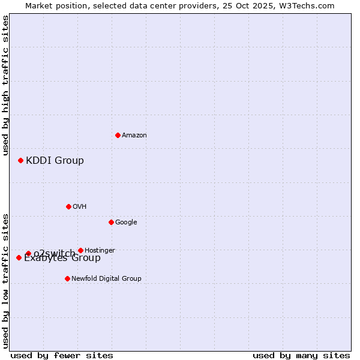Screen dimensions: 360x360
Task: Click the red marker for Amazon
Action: click(x=118, y=135)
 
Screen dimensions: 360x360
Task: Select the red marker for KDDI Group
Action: click(x=20, y=160)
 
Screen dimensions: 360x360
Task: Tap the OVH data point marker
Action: click(x=68, y=206)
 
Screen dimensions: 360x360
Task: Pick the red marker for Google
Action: click(x=111, y=222)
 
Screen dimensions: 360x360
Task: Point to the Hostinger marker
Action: click(x=80, y=250)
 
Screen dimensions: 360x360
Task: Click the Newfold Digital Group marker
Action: click(x=67, y=278)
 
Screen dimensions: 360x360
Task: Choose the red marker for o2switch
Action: click(x=28, y=253)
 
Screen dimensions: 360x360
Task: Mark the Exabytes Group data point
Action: click(x=19, y=257)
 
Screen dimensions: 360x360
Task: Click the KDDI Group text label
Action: click(x=55, y=160)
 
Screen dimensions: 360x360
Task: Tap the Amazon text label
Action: click(x=134, y=135)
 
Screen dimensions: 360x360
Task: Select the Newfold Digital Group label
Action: click(x=106, y=278)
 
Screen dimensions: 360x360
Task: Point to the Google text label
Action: click(x=126, y=222)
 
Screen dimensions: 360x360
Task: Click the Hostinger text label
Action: click(x=100, y=250)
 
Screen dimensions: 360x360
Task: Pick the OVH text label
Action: click(x=80, y=206)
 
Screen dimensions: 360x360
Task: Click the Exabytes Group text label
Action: click(x=62, y=259)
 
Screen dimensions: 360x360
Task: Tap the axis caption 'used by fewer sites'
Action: click(x=62, y=355)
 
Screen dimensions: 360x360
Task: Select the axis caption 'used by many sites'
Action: click(x=301, y=355)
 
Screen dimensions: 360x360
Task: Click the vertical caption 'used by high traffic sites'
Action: click(x=5, y=85)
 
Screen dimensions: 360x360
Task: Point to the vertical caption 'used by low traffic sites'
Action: click(x=5, y=280)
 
